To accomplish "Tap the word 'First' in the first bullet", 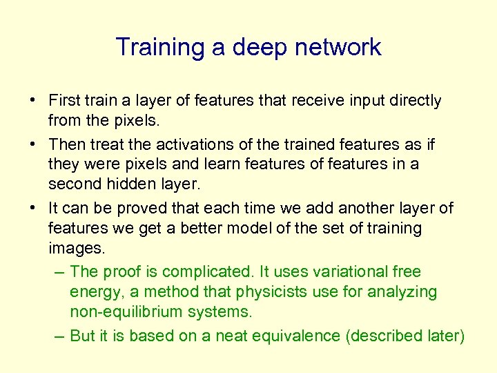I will (x=64, y=101).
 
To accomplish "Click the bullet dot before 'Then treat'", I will (x=33, y=145).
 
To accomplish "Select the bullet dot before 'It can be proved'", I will (x=33, y=209).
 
